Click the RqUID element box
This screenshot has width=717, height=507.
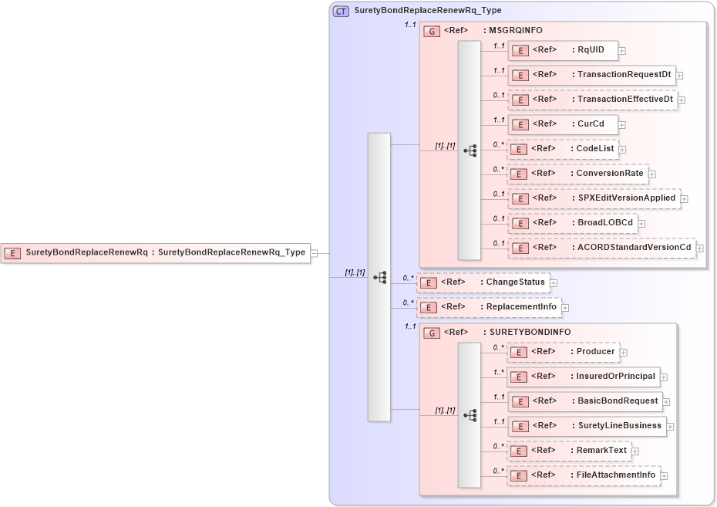point(562,50)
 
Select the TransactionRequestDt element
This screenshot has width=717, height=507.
point(592,75)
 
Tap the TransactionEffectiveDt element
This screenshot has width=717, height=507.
point(592,100)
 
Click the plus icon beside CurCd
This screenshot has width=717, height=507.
point(622,125)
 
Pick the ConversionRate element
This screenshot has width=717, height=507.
point(577,174)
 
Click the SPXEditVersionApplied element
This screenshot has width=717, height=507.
point(594,198)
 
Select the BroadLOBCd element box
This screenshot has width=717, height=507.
point(572,223)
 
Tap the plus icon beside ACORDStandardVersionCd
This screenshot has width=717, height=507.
point(700,248)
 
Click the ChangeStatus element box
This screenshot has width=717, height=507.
point(483,282)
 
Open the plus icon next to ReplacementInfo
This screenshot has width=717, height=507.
point(565,308)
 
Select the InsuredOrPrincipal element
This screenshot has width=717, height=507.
point(583,377)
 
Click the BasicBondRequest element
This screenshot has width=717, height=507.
point(584,401)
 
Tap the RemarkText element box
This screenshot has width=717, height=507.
point(569,451)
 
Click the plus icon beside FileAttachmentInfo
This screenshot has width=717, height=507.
point(664,476)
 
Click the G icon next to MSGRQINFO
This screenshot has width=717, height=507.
point(433,31)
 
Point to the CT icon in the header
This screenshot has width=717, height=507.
point(341,11)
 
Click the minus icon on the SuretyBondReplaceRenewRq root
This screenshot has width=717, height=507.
point(314,252)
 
